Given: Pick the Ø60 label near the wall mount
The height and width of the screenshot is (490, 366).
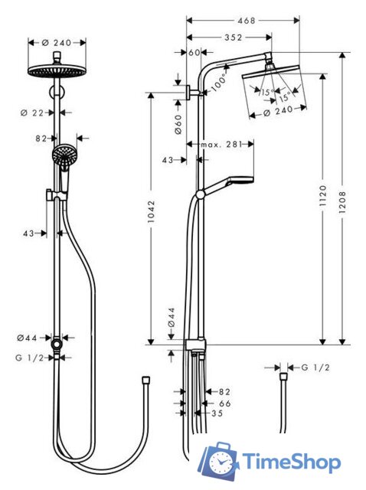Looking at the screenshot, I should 178,122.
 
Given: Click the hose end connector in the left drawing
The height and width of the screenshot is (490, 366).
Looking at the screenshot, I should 146,379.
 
